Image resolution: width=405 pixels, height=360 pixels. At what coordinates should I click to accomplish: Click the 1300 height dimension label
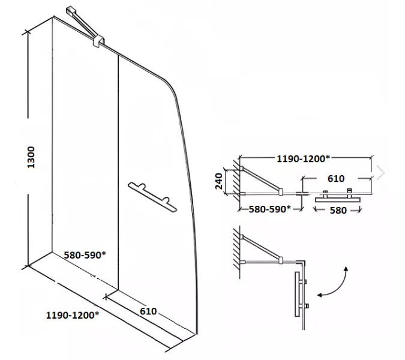pyautogui.click(x=31, y=157)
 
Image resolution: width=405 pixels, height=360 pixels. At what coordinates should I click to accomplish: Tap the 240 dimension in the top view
pyautogui.click(x=219, y=181)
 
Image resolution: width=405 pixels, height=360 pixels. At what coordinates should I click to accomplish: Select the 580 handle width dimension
pyautogui.click(x=338, y=211)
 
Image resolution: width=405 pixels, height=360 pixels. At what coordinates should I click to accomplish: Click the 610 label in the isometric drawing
pyautogui.click(x=148, y=311)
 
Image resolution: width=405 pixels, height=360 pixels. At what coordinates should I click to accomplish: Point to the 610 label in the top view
pyautogui.click(x=336, y=178)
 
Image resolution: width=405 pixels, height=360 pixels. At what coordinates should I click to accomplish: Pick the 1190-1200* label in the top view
pyautogui.click(x=303, y=158)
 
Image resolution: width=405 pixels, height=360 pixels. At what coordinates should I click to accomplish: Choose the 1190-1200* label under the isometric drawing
pyautogui.click(x=73, y=315)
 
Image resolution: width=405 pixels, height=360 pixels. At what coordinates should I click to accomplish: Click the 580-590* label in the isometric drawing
pyautogui.click(x=85, y=255)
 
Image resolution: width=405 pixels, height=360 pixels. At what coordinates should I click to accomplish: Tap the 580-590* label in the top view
pyautogui.click(x=269, y=209)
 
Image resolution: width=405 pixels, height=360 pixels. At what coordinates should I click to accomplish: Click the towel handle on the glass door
pyautogui.click(x=152, y=197)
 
